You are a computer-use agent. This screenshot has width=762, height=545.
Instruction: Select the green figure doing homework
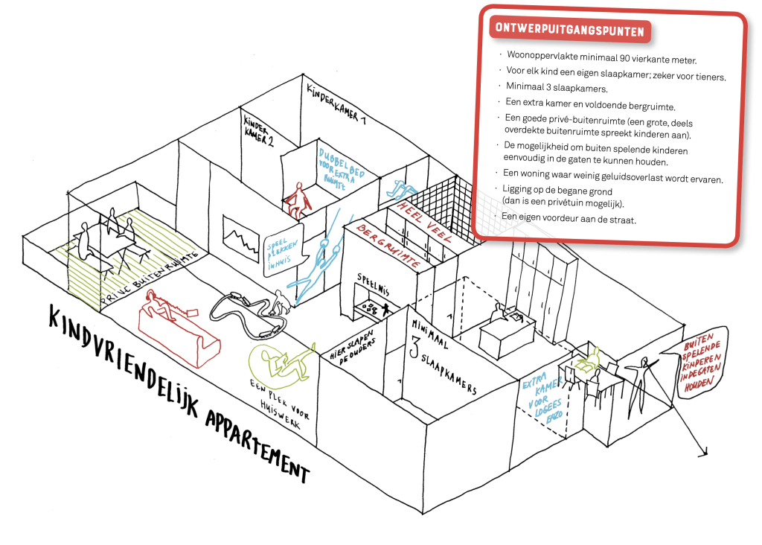(280, 362)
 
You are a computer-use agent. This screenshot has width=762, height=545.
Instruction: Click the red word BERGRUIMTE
(387, 243)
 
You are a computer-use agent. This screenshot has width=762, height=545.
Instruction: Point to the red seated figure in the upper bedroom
(297, 200)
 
